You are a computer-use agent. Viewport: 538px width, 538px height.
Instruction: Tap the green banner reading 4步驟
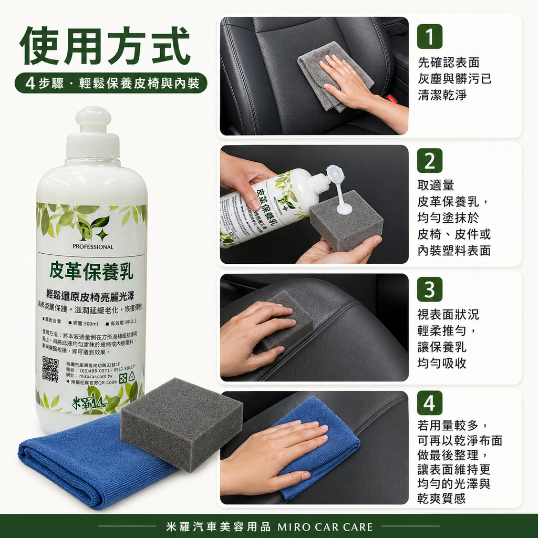111,83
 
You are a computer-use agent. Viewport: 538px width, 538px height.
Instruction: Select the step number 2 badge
429,161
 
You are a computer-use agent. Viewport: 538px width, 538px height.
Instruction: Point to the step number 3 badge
429,289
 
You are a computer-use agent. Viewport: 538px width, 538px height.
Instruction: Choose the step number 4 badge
429,403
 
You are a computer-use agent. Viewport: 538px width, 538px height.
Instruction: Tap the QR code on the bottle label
50,369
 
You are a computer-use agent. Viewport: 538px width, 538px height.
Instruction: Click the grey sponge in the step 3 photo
286,320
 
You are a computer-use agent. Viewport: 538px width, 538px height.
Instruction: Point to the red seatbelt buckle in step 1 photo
391,98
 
